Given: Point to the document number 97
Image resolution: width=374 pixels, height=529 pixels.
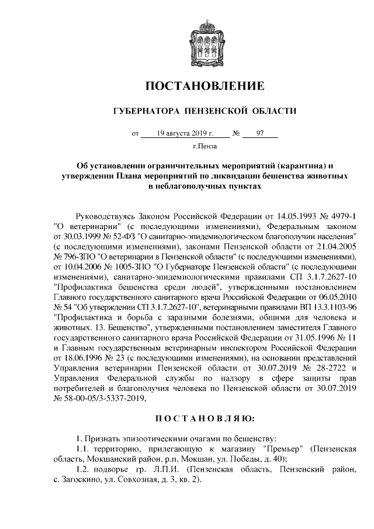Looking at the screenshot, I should coord(260,133).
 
